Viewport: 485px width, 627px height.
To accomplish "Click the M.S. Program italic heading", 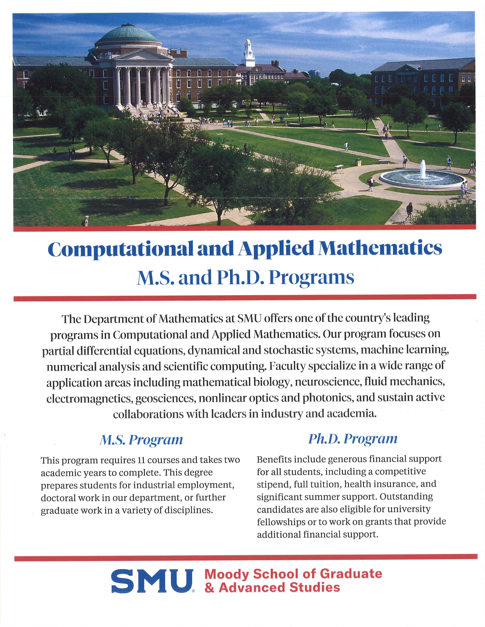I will point(141,440).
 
